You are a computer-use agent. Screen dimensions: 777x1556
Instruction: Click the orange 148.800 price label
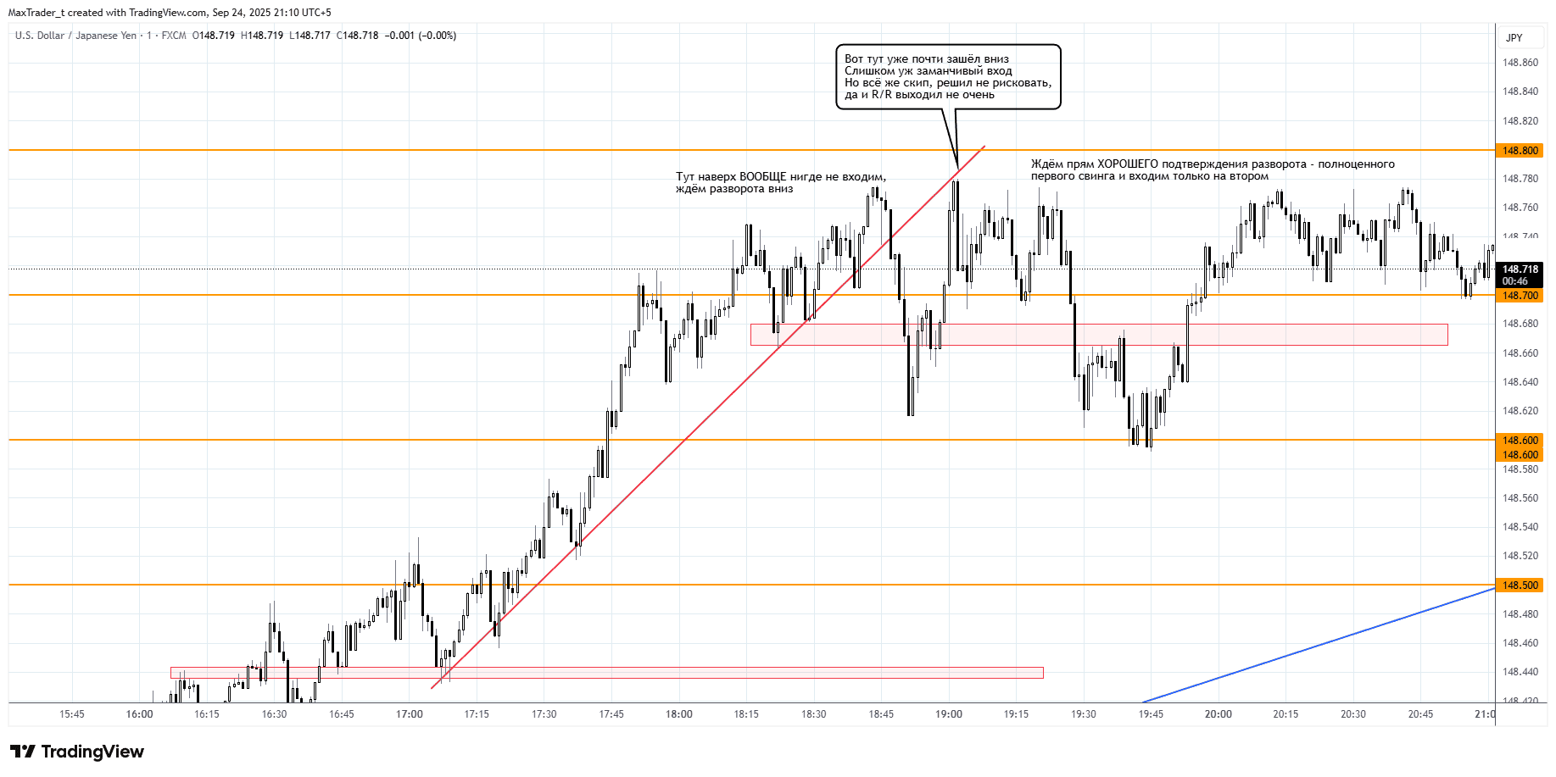[1520, 151]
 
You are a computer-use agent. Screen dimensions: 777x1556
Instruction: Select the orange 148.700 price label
[1520, 296]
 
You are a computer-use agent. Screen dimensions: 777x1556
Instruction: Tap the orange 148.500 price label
[1520, 586]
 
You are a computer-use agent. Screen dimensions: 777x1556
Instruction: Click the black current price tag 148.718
[1520, 269]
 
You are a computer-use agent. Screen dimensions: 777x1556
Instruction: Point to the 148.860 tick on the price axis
[1520, 63]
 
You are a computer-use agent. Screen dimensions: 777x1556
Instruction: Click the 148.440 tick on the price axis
[1520, 672]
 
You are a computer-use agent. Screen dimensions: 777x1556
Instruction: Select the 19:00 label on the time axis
[948, 714]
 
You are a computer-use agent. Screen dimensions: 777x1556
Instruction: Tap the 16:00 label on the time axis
[139, 714]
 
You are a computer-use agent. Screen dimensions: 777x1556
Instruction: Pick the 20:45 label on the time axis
[1420, 714]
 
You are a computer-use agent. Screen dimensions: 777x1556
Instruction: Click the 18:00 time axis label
[678, 714]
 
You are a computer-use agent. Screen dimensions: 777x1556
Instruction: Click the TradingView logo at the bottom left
[77, 752]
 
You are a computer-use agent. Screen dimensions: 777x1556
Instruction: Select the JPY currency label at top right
[1514, 38]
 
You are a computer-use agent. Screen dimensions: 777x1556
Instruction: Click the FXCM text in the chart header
[174, 36]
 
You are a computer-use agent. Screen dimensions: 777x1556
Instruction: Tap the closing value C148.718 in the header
[357, 36]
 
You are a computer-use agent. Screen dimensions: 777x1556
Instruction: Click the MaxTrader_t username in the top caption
[36, 13]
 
